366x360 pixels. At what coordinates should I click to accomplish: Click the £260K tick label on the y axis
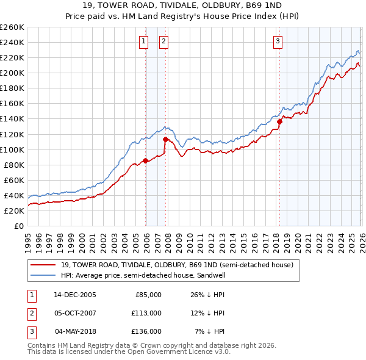pyautogui.click(x=12, y=27)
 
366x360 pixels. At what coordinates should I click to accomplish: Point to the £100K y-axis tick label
pyautogui.click(x=12, y=149)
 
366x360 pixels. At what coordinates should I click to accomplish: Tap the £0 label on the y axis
pyautogui.click(x=19, y=226)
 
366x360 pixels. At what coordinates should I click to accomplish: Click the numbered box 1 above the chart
pyautogui.click(x=143, y=41)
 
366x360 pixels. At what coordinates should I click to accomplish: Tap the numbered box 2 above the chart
pyautogui.click(x=164, y=41)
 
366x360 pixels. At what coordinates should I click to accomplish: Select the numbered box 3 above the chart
pyautogui.click(x=278, y=41)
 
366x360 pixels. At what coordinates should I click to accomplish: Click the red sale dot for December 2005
pyautogui.click(x=145, y=161)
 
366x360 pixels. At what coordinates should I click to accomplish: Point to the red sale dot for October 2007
pyautogui.click(x=165, y=140)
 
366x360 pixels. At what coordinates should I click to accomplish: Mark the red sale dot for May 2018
pyautogui.click(x=279, y=121)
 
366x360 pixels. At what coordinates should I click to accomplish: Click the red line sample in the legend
pyautogui.click(x=43, y=265)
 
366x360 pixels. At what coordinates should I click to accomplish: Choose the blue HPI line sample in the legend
pyautogui.click(x=43, y=275)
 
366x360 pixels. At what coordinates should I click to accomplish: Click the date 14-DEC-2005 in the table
pyautogui.click(x=76, y=295)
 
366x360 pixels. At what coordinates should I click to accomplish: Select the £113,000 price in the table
pyautogui.click(x=147, y=313)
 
